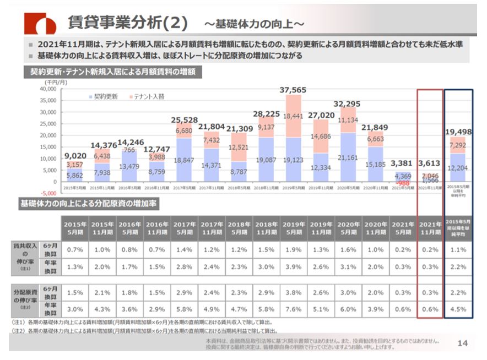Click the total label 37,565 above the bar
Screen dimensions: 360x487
[x=293, y=90]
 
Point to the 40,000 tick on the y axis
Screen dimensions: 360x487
[x=48, y=89]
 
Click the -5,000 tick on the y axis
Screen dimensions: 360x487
[x=48, y=193]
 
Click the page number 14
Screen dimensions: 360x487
[x=463, y=343]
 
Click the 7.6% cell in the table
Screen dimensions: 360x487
[x=293, y=309]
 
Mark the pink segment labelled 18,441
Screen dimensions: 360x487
[x=293, y=116]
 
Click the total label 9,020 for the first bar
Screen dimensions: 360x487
[x=75, y=155]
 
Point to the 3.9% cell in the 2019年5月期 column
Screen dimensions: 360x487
[x=293, y=267]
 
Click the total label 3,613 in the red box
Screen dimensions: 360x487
[x=430, y=163]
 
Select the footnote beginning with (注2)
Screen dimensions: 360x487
[x=143, y=331]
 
